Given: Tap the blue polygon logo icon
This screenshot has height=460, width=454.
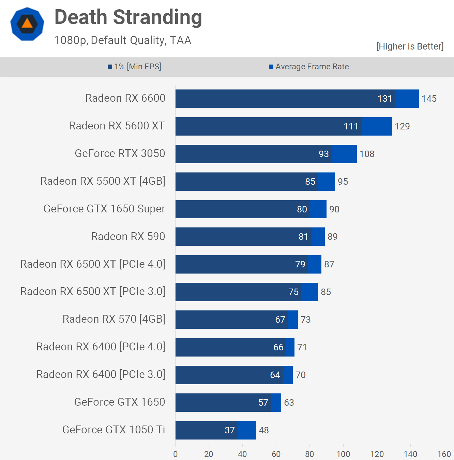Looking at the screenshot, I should click(x=27, y=24).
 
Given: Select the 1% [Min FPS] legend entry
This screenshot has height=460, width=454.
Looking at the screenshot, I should click(x=134, y=67).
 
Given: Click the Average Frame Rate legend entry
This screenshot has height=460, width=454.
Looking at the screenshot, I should click(x=309, y=67).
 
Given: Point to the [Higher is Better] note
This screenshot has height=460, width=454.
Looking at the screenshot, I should click(x=410, y=46).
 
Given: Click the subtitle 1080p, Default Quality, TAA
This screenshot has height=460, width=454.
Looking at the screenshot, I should click(x=123, y=40).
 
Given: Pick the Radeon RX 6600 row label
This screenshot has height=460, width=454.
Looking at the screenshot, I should click(x=125, y=98).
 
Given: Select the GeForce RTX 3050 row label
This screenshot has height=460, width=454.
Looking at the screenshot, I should click(x=120, y=154).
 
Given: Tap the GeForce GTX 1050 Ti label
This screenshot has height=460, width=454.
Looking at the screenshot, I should click(x=113, y=430).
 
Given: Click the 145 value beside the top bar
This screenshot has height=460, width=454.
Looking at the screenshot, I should click(x=429, y=99).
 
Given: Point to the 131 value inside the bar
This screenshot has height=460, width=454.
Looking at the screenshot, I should click(x=384, y=99).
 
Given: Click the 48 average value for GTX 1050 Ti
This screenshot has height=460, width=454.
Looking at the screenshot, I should click(x=264, y=430).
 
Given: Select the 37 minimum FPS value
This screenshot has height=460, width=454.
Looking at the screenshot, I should click(x=230, y=430).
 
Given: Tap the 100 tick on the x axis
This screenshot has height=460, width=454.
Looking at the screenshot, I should click(x=343, y=454).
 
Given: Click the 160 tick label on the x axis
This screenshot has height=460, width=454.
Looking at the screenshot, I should click(x=444, y=454).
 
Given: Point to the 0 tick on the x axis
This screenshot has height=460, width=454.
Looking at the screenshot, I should click(x=176, y=454).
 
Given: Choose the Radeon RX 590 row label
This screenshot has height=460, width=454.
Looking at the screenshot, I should click(x=128, y=236).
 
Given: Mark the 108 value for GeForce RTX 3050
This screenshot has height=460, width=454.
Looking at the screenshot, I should click(x=367, y=154).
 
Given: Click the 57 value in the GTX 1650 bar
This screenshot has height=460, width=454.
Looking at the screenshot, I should click(x=263, y=403).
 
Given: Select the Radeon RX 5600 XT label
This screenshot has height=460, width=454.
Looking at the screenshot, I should click(x=117, y=126).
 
